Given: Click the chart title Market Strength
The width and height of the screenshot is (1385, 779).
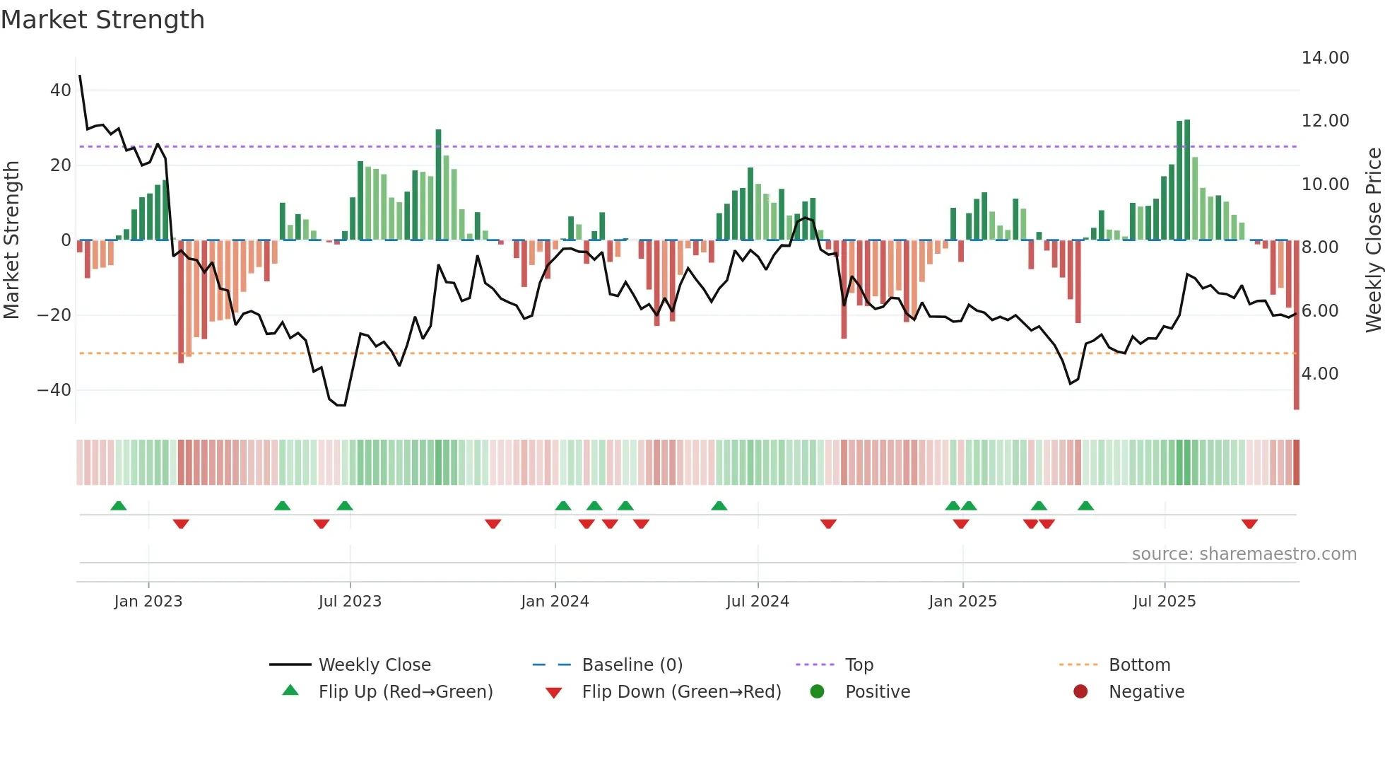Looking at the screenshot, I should [102, 20].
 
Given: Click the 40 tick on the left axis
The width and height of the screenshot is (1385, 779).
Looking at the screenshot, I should [60, 90].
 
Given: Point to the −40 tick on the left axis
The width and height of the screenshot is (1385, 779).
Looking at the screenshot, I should [54, 389].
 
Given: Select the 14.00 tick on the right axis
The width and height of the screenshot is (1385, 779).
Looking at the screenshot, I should [1325, 58].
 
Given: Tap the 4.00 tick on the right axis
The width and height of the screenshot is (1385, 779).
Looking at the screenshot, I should [1319, 373].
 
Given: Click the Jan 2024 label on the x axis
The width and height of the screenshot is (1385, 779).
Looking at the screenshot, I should [555, 602].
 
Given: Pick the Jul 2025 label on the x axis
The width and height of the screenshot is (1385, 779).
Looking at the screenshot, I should [1164, 602].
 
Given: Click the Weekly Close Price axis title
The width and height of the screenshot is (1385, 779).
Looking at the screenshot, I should [1373, 240].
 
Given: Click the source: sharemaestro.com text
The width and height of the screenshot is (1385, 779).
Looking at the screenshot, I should [1244, 554].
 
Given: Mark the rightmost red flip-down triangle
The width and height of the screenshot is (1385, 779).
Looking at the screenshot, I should [1249, 524].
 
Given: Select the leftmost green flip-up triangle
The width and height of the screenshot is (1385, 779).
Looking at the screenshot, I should [119, 506].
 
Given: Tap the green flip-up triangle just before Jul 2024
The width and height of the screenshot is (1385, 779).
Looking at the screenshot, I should [719, 506].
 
